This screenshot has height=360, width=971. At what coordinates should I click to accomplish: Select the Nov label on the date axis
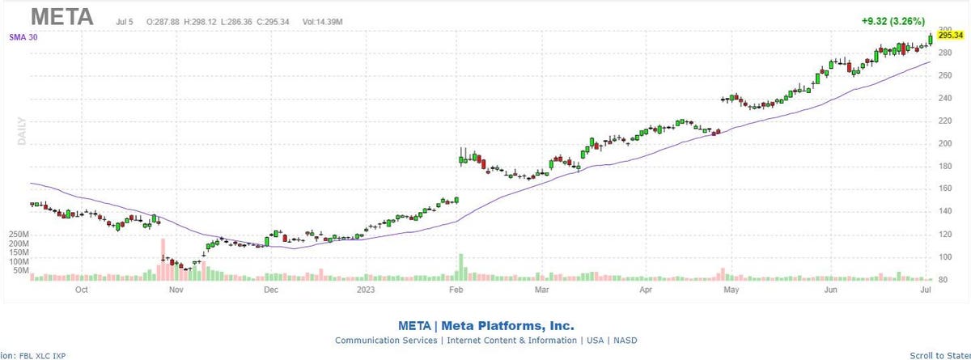[x=176, y=288]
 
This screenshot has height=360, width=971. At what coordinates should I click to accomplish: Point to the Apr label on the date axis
[x=646, y=288]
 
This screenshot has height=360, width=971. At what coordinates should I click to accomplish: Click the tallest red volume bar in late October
[x=163, y=259]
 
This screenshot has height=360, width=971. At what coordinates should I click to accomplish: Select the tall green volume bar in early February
[x=460, y=266]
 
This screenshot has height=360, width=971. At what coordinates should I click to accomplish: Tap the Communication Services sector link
[x=386, y=341]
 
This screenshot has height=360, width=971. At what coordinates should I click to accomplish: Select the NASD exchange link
[x=625, y=341]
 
